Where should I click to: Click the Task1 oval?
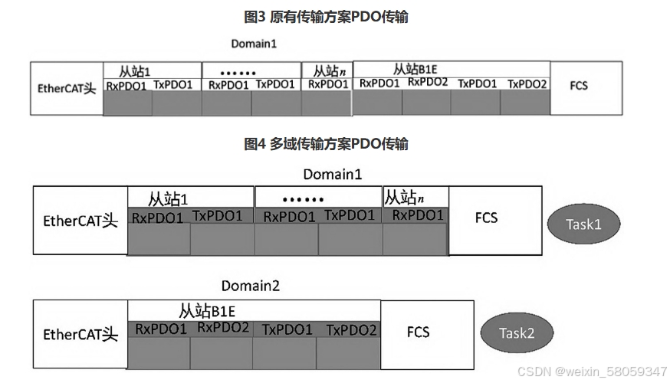[583, 224]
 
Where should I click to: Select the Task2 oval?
[517, 333]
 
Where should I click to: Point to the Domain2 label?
[251, 286]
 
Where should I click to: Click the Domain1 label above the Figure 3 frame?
[254, 44]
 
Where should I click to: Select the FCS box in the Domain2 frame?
[418, 332]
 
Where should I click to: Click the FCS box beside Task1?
[486, 218]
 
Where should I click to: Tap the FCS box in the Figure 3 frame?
[579, 86]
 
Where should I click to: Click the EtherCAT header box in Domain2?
[80, 335]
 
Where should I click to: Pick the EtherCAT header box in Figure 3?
[67, 88]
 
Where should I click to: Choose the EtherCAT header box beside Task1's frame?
[80, 221]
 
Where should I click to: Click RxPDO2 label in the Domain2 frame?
[223, 328]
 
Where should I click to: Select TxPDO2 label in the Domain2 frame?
[351, 330]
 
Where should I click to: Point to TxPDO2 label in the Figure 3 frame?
[527, 83]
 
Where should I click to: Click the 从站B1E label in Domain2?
[206, 311]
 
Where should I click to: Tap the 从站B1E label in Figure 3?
[415, 69]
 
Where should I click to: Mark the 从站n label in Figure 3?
[328, 70]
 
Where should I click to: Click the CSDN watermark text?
[592, 372]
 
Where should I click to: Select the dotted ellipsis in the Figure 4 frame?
[303, 199]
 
